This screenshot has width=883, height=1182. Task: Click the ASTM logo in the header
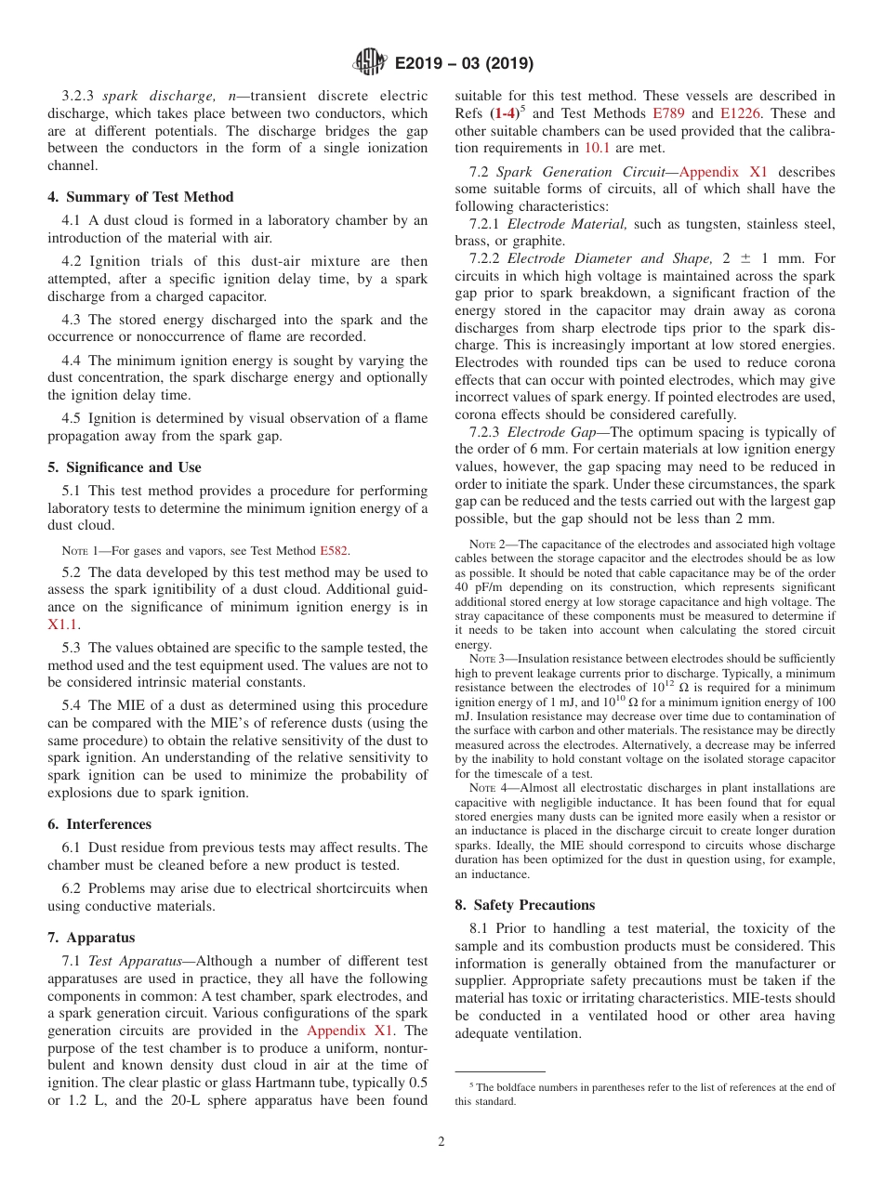coord(370,62)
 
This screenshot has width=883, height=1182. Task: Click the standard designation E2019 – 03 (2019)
coord(464,63)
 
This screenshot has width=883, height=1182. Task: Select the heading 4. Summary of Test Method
coord(140,197)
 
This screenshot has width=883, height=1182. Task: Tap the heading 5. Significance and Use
coord(125,467)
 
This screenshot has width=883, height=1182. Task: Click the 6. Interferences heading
coord(99,824)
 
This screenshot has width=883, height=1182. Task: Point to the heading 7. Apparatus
coord(91,938)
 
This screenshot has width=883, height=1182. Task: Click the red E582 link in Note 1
coord(335,551)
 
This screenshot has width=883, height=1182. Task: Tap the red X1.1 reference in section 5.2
coord(63,625)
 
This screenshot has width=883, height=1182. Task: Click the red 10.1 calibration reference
coord(597,148)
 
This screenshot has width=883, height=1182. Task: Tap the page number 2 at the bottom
coord(441,1142)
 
